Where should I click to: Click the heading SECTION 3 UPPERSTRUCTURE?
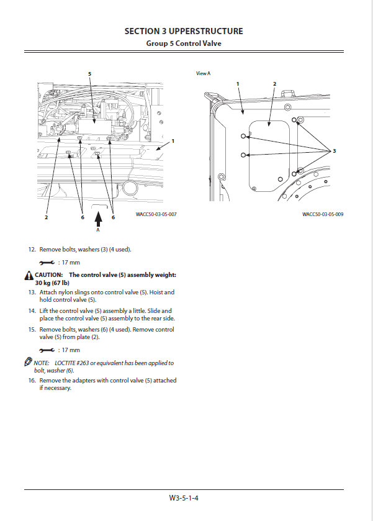point(184,31)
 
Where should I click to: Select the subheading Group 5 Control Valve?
point(184,43)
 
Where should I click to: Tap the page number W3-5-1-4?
point(187,497)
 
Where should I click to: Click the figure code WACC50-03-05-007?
point(156,214)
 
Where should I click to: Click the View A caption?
point(204,73)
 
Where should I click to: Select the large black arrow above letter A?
point(97,218)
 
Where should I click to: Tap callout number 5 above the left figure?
point(89,74)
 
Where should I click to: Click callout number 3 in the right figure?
point(334,152)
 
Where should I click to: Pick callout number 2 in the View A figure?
point(275,83)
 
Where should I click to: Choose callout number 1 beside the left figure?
point(173,141)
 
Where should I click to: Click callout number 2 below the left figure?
point(46,217)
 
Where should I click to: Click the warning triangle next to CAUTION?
point(29,275)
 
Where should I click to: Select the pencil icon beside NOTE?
point(29,362)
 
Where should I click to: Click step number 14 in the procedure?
point(32,310)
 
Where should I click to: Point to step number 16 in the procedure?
point(32,380)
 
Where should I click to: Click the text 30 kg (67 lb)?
point(52,283)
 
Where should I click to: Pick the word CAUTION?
point(48,274)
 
